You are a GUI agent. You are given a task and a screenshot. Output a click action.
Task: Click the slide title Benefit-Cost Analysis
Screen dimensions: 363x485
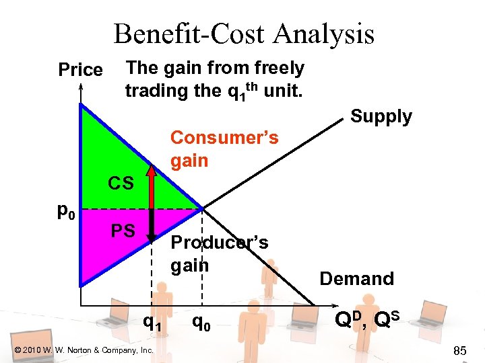click(243, 34)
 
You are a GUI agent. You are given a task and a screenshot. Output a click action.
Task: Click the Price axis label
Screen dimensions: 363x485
click(80, 70)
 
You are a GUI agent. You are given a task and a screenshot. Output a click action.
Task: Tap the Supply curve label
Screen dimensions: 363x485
click(381, 116)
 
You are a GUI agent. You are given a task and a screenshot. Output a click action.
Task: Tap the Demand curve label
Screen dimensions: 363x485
click(356, 278)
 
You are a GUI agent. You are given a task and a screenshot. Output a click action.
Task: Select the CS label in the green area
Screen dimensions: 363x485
click(122, 182)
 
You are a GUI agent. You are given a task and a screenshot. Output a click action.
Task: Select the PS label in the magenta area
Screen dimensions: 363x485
click(123, 231)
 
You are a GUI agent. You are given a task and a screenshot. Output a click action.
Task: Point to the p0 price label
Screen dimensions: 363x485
click(65, 213)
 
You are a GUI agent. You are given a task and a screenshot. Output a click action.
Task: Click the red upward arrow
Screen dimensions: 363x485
click(152, 186)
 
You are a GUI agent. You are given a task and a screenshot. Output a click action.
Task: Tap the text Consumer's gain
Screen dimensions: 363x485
click(224, 149)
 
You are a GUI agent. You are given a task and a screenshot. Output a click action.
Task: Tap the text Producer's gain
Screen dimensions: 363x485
click(219, 253)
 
